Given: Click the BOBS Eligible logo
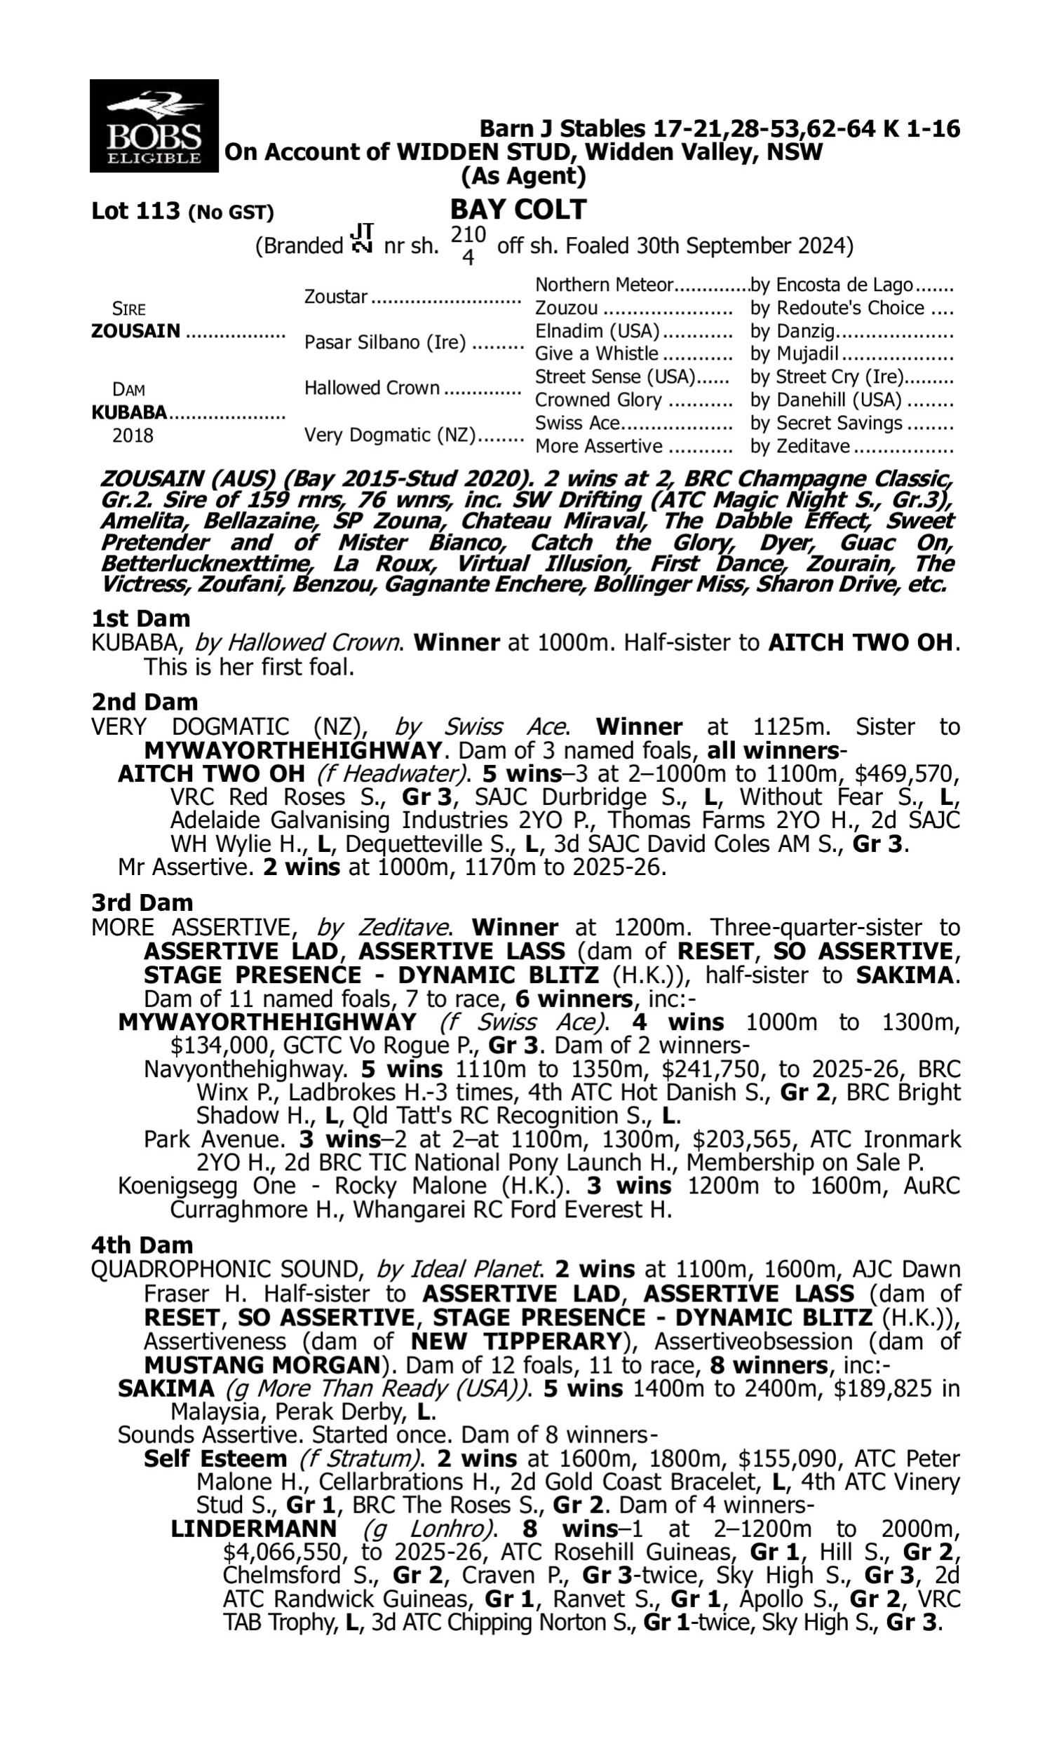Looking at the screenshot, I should click(x=154, y=126).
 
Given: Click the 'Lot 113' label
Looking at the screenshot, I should click(x=136, y=211).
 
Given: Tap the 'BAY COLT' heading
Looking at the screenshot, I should click(x=518, y=210).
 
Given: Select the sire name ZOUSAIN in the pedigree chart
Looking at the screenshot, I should click(x=136, y=331).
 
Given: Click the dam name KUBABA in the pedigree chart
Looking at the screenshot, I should click(x=129, y=412).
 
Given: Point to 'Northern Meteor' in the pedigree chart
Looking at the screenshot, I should click(x=603, y=285).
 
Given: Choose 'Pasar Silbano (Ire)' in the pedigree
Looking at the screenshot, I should click(x=385, y=342).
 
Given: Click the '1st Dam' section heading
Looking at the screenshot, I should click(x=140, y=618).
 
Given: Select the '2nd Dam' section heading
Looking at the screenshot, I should click(x=144, y=701).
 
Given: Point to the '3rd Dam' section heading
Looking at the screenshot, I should click(x=142, y=902).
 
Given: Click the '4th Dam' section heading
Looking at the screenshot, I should click(x=142, y=1245).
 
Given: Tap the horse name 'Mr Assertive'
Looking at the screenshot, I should click(x=185, y=867).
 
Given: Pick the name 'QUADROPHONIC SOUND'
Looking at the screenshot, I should click(x=227, y=1269).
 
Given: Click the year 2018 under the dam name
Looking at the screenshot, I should click(x=133, y=435).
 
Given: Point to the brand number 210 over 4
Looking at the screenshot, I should click(x=468, y=245).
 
